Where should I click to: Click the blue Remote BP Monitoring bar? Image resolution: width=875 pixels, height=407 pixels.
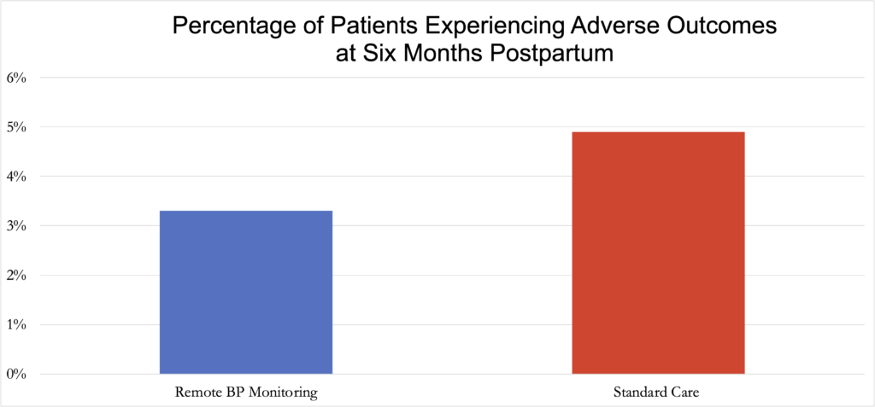(x=246, y=292)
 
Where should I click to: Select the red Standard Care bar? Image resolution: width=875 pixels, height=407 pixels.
(x=658, y=253)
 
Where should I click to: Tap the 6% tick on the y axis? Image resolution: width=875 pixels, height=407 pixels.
(x=17, y=78)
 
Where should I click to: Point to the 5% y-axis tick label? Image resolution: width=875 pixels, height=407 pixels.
(x=17, y=127)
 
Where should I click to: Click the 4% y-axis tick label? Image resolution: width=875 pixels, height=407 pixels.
(x=17, y=177)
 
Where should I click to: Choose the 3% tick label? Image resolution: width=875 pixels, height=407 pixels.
(x=17, y=226)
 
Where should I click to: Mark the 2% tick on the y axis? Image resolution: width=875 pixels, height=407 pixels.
(x=17, y=276)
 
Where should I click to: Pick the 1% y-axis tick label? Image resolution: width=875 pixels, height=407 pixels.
(x=17, y=325)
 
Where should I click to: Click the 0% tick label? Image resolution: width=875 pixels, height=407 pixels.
(x=17, y=375)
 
